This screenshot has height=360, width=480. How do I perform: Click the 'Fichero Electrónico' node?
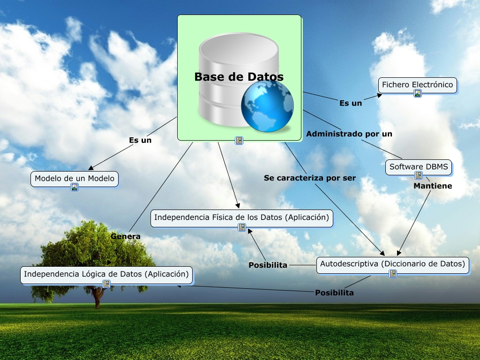(417, 85)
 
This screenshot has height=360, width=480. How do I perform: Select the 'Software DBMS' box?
(418, 166)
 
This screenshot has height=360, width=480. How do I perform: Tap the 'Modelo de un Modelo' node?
(74, 179)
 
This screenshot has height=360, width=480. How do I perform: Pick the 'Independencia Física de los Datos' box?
(241, 217)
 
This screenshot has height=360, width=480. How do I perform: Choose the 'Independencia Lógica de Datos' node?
(106, 274)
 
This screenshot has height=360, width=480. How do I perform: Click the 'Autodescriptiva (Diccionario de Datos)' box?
(392, 264)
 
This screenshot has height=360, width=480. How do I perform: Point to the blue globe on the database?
(267, 106)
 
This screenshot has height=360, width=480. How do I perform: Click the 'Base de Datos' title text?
(239, 76)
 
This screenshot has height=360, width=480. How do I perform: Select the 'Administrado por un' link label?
(349, 134)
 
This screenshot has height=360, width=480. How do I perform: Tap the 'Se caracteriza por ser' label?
(310, 178)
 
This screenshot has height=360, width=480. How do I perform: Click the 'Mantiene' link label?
(433, 186)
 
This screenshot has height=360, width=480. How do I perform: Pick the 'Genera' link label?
(126, 237)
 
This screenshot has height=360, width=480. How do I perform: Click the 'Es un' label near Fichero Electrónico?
(351, 103)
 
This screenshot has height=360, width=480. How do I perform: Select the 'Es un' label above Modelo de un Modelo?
(140, 140)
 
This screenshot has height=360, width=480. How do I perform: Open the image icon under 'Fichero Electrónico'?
(417, 93)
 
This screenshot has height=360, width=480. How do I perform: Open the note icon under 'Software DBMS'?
(418, 175)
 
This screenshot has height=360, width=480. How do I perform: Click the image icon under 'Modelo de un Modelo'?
(74, 187)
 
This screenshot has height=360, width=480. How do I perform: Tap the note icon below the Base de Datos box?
(239, 140)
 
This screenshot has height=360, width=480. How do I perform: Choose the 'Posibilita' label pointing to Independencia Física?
(268, 265)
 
